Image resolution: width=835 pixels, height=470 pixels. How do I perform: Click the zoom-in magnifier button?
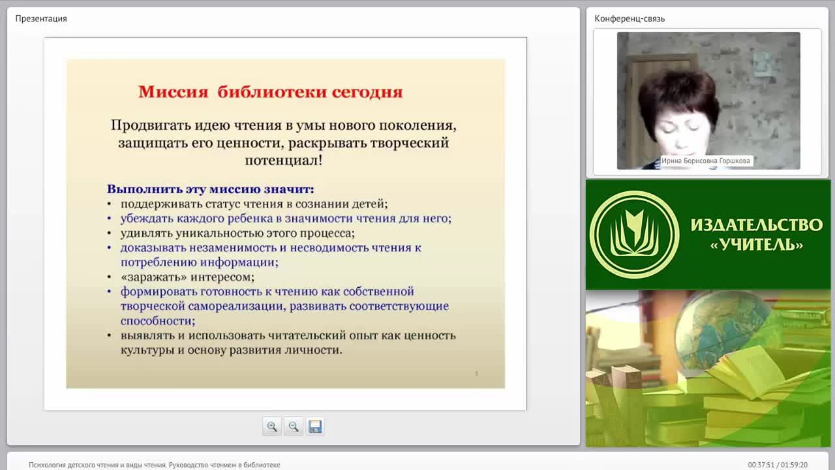point(272,426)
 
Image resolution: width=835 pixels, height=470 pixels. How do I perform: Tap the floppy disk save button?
point(315,426)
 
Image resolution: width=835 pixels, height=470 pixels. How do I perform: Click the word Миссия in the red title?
point(174,92)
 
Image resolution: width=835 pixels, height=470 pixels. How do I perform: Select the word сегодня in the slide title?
point(367,92)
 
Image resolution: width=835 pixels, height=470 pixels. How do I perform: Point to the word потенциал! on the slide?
point(284,161)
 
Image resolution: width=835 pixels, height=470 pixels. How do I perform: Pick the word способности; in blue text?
point(158,321)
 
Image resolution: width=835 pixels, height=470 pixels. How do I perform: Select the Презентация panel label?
point(41,19)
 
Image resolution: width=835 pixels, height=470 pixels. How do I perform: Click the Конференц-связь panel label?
point(630,19)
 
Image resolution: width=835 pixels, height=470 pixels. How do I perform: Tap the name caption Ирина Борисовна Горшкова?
point(705,161)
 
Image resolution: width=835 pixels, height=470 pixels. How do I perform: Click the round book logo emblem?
point(634,234)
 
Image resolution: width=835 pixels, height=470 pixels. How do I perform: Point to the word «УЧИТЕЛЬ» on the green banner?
point(756,245)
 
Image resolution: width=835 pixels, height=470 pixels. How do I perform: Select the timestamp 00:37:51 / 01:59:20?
point(778,465)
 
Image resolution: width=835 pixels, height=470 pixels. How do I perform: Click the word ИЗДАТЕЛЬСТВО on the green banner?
point(756,225)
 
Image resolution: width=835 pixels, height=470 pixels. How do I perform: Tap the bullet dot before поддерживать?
point(109,204)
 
